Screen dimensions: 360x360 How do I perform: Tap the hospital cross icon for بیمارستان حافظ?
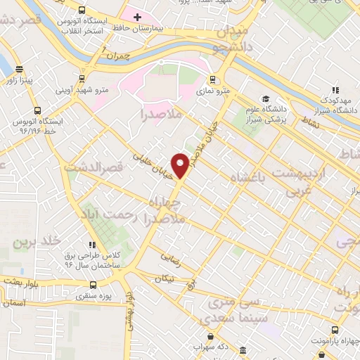(x=136, y=15)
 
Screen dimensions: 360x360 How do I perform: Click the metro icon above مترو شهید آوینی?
(x=84, y=79)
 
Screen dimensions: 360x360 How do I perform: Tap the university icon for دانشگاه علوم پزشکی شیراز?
(x=266, y=99)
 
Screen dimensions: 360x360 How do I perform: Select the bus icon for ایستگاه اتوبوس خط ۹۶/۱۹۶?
(x=37, y=111)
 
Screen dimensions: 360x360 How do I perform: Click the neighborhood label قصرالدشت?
(x=94, y=169)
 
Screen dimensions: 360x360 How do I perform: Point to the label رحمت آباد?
(x=110, y=212)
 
